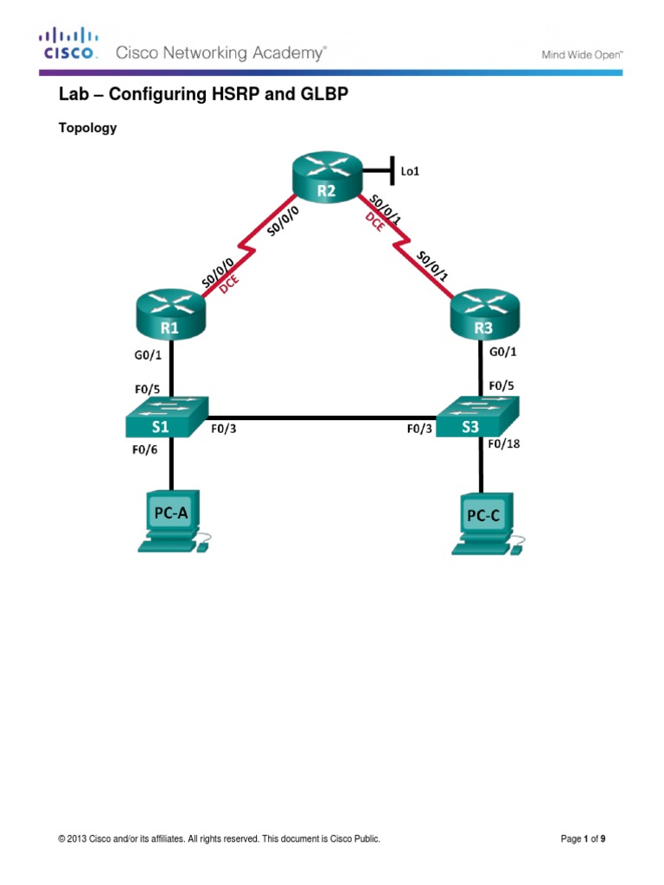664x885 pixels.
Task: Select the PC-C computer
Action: tap(483, 519)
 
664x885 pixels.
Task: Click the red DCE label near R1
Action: tap(231, 286)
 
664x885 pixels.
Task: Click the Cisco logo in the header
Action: tap(69, 42)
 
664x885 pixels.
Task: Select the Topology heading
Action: tap(86, 128)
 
